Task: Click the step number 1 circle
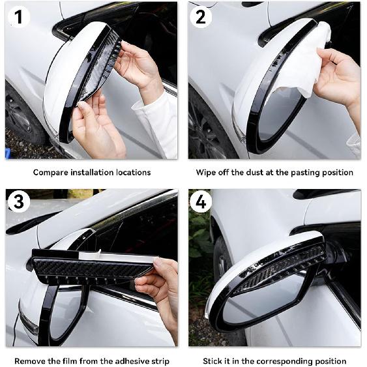pyautogui.click(x=18, y=17)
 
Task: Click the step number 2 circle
pyautogui.click(x=201, y=17)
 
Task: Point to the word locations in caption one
pyautogui.click(x=132, y=173)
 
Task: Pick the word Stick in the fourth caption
pyautogui.click(x=212, y=361)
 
